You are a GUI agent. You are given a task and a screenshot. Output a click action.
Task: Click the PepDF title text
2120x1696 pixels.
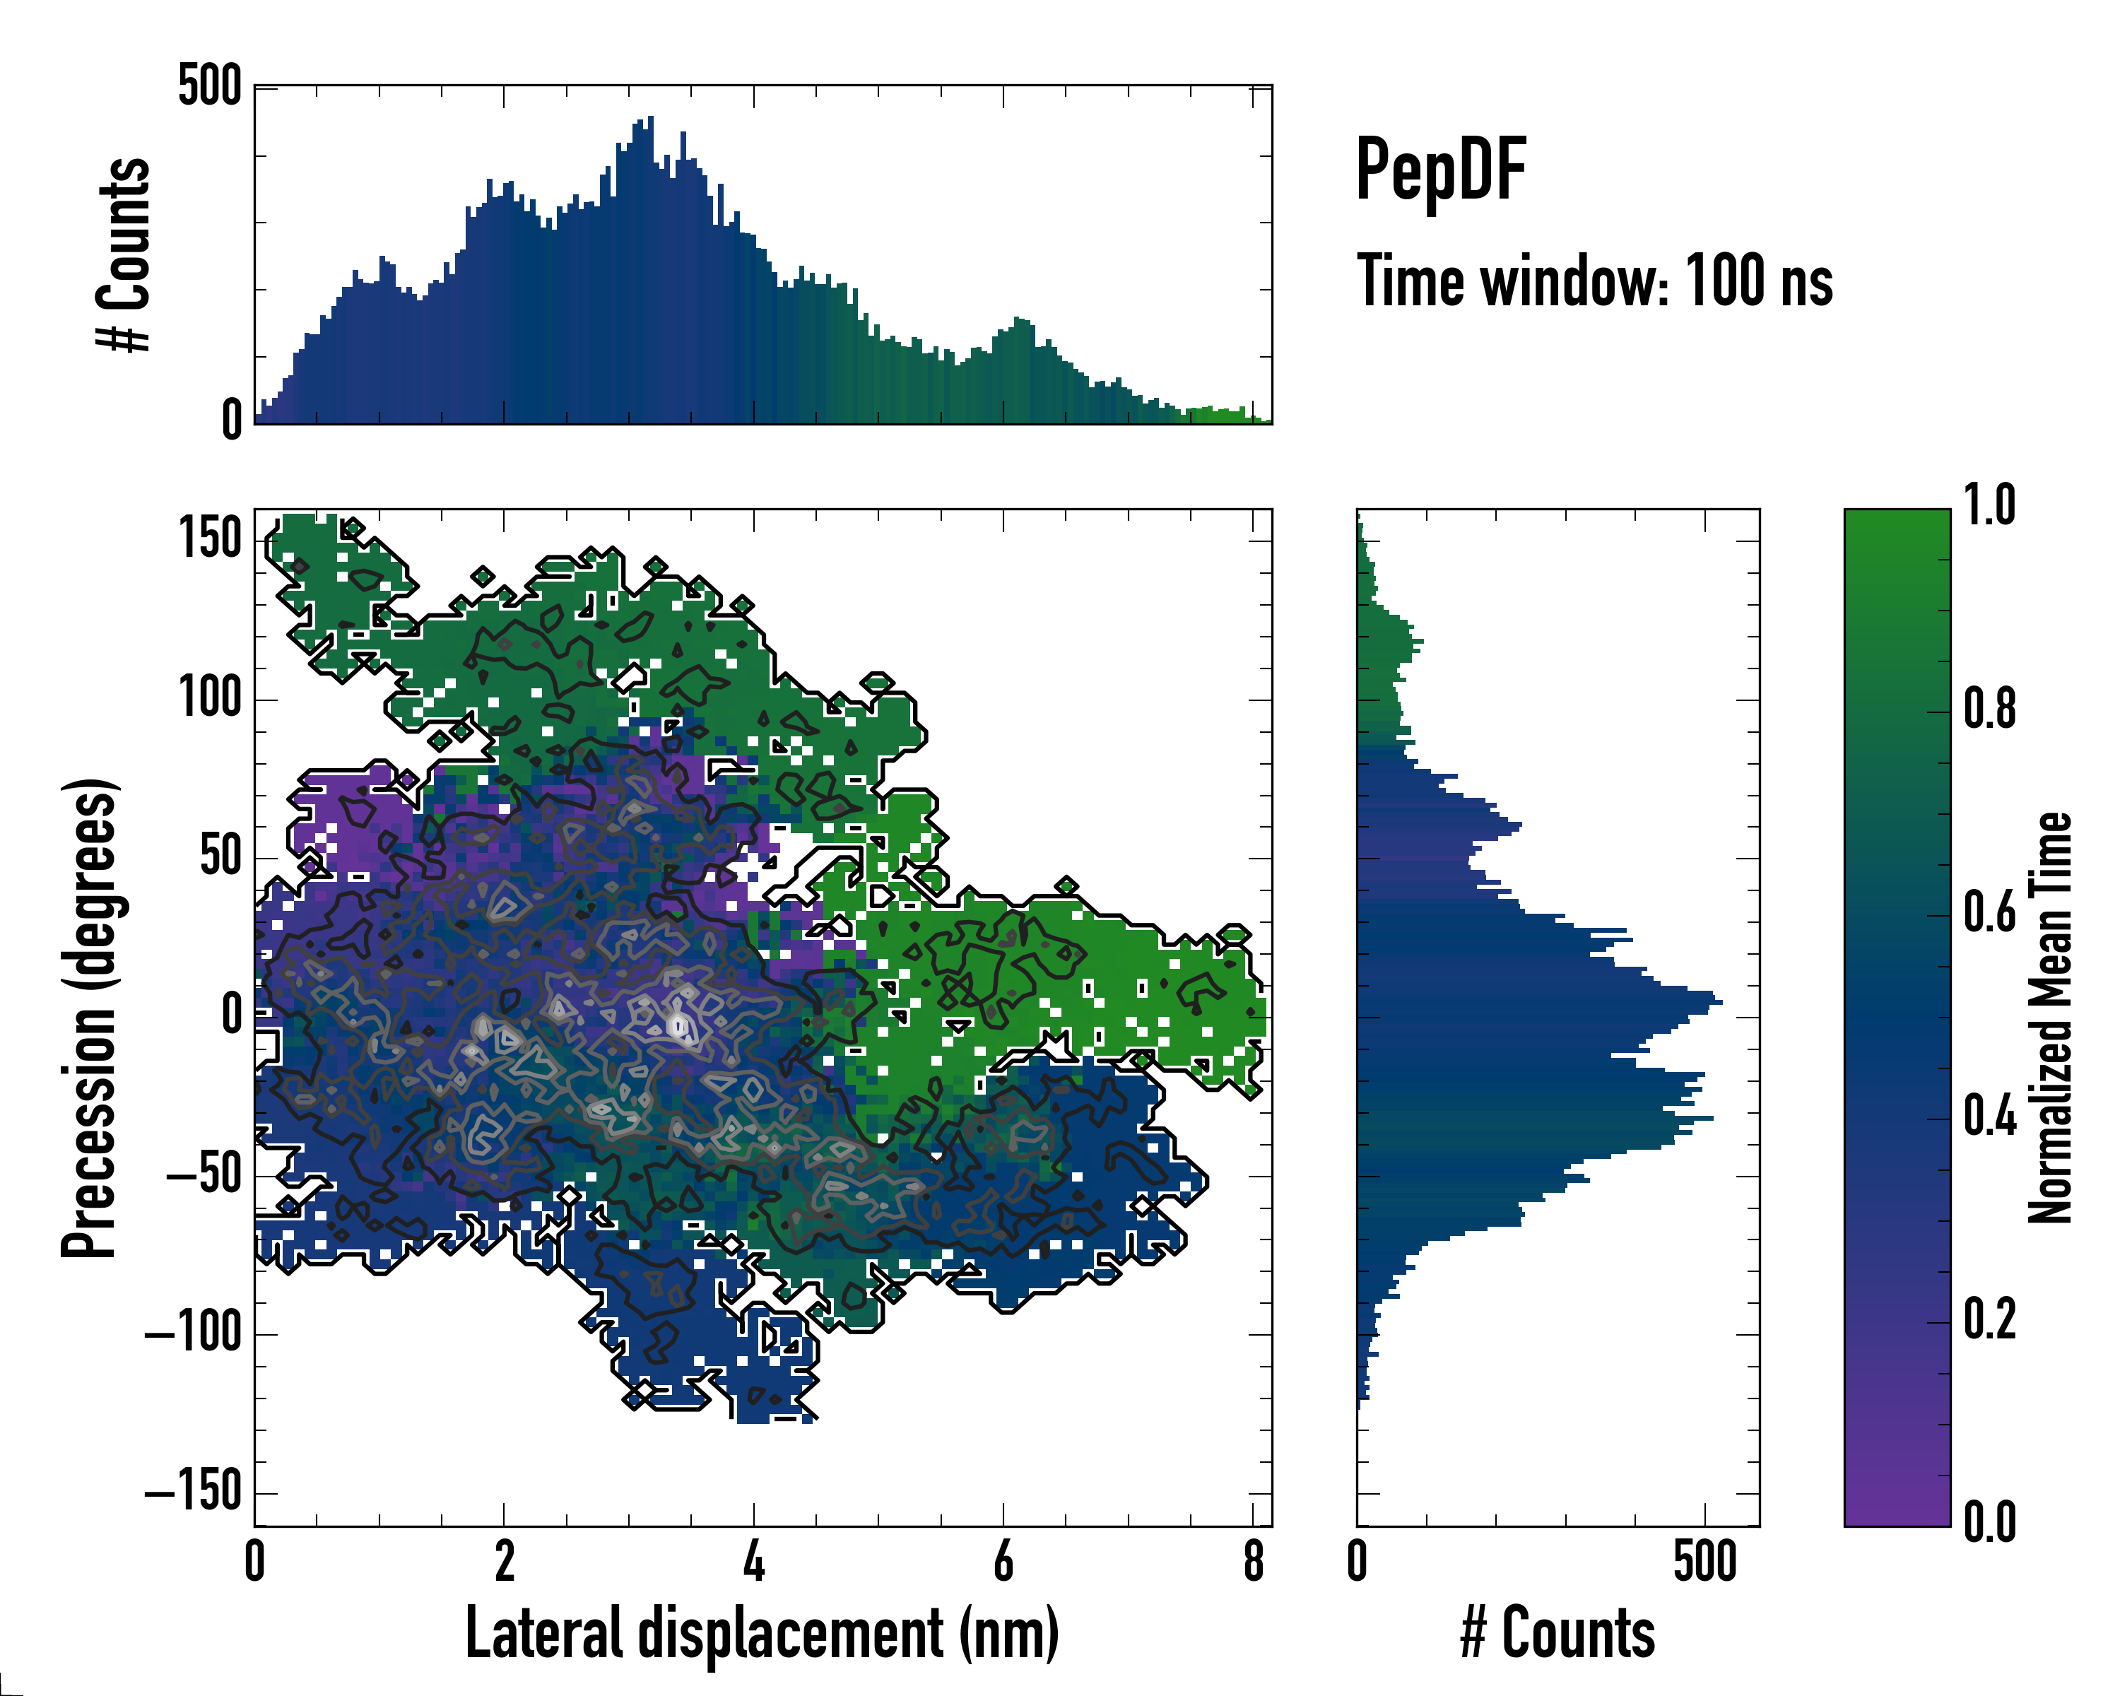tap(1440, 171)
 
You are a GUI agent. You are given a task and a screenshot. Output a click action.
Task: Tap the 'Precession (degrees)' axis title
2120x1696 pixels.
tap(90, 1018)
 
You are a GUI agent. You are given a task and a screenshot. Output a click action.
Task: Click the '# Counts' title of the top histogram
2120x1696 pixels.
tap(124, 254)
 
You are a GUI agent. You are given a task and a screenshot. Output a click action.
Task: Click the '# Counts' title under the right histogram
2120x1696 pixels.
tap(1557, 1633)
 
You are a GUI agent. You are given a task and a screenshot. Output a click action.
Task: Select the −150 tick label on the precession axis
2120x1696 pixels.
tap(194, 1492)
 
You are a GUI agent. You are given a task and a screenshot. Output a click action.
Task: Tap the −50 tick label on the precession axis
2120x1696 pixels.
tap(204, 1175)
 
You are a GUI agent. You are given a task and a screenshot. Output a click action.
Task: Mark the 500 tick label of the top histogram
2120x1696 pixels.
tap(209, 86)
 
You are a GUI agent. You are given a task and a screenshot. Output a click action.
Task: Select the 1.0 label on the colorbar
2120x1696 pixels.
tap(1989, 507)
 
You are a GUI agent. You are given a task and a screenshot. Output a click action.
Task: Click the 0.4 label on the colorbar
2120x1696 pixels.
tap(1989, 1118)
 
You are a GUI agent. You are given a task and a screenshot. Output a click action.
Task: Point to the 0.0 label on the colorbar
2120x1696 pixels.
tap(1989, 1523)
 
